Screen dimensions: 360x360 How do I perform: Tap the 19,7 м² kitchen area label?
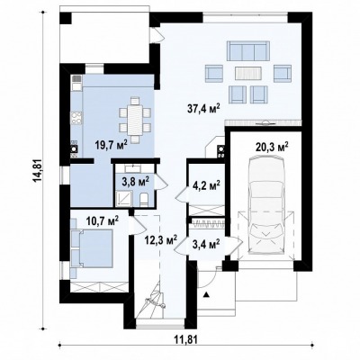(x=112, y=145)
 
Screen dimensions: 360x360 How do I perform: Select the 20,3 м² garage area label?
(x=272, y=148)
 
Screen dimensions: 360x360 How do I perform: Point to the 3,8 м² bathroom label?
(x=136, y=183)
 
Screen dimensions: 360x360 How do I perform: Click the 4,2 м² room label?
(x=206, y=184)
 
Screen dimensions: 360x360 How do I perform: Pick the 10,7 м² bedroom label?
(x=103, y=221)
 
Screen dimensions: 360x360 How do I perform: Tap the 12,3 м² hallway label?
(x=160, y=240)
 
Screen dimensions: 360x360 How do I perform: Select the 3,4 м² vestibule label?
(x=206, y=244)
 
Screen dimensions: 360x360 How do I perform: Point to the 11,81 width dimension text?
(x=185, y=339)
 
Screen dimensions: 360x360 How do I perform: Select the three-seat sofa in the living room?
(x=247, y=51)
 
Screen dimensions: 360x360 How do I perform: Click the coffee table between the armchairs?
(x=248, y=73)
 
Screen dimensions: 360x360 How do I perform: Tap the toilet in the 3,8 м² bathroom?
(x=144, y=200)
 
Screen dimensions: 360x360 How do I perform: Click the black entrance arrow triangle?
(x=206, y=294)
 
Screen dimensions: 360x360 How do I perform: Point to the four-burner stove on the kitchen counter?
(x=76, y=117)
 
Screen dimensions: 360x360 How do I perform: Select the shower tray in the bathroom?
(x=124, y=199)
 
